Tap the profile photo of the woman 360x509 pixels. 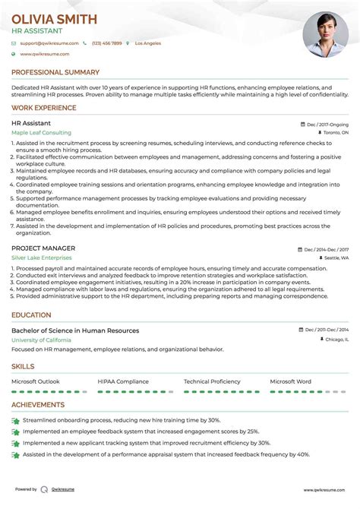[325, 33]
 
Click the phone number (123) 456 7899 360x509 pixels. [107, 43]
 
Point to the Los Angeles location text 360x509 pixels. [148, 43]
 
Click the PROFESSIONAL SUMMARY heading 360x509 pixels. [55, 72]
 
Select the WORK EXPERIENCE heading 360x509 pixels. [44, 108]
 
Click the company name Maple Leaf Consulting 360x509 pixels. [42, 132]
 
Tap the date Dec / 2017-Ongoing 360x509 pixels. [327, 123]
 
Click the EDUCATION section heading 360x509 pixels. [32, 315]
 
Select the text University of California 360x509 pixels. [45, 340]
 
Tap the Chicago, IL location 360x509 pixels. [335, 340]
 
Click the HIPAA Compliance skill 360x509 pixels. [123, 381]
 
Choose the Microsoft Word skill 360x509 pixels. [291, 381]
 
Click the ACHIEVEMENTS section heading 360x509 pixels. [38, 405]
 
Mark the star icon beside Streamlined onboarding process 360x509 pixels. [15, 420]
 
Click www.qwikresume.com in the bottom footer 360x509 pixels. [328, 490]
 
